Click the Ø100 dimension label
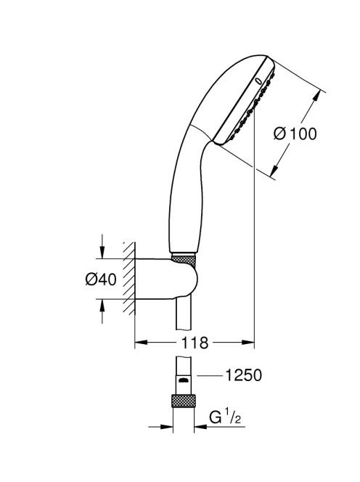click(x=295, y=134)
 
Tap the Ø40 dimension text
click(x=101, y=279)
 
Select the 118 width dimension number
click(x=195, y=343)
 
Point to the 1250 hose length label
click(x=243, y=375)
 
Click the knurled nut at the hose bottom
click(x=183, y=401)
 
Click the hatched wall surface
click(x=129, y=278)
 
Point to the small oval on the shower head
click(x=258, y=81)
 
